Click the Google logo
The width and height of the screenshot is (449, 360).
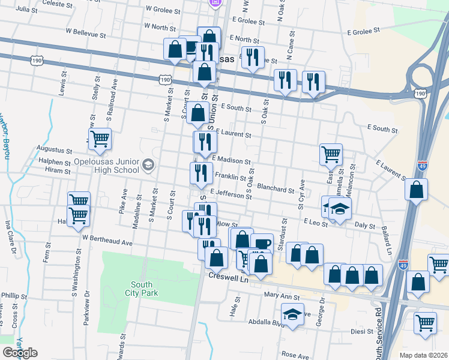pos(20,353)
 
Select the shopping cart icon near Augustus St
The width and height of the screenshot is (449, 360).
pos(100,139)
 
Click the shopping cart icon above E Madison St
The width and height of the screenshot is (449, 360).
pos(331,154)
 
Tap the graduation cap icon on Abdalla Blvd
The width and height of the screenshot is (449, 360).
pos(292,314)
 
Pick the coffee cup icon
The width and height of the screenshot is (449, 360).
pos(262,243)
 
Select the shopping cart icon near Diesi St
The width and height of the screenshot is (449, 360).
pos(426,322)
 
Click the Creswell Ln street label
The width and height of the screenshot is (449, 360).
pos(228,277)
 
